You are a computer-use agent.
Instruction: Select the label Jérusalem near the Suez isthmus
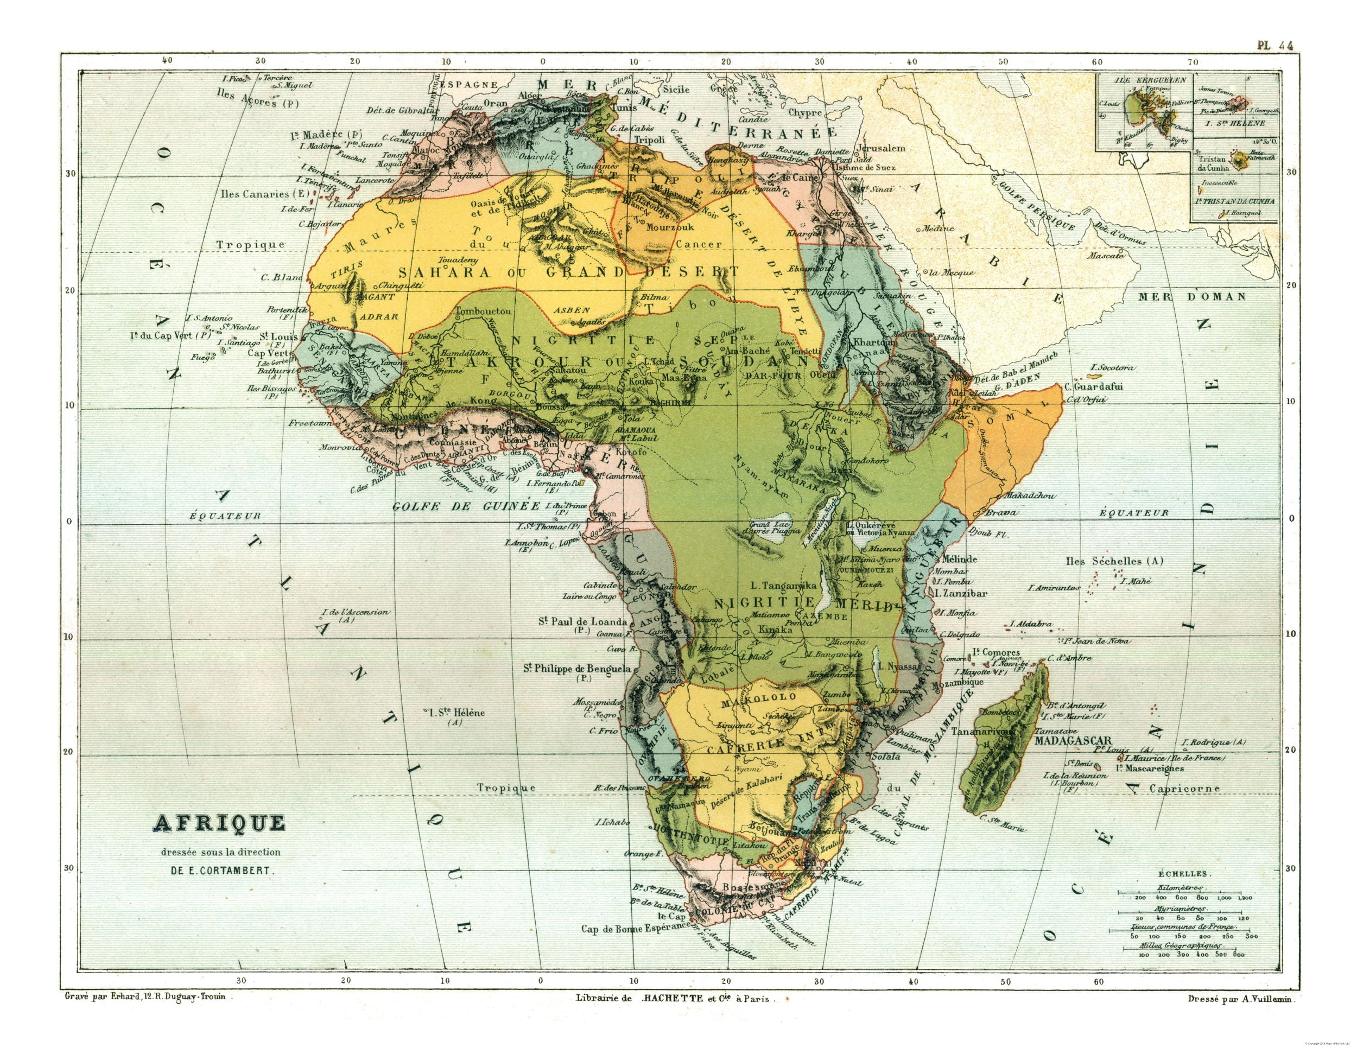click(880, 149)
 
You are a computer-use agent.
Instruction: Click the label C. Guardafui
click(1094, 386)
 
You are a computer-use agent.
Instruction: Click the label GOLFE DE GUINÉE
click(466, 506)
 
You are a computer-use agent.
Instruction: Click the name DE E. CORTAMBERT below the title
click(221, 871)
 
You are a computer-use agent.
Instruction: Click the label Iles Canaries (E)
click(265, 194)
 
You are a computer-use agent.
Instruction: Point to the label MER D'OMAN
click(1192, 297)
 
